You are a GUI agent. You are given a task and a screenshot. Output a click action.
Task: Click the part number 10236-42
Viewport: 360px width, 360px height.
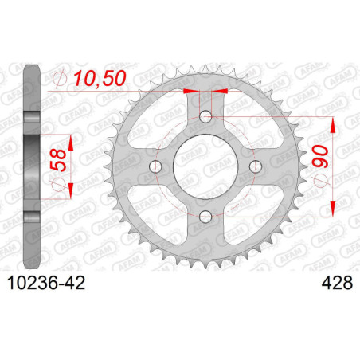click(46, 283)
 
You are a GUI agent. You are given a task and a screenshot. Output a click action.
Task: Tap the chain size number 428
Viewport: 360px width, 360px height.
click(337, 283)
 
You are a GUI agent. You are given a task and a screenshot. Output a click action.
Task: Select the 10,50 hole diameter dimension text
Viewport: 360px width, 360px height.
click(100, 79)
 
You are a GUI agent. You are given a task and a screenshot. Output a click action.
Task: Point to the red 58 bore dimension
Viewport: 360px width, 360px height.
click(58, 160)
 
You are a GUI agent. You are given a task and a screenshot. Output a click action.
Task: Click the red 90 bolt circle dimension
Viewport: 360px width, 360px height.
click(320, 156)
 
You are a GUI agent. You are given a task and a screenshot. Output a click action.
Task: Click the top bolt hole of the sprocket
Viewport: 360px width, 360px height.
click(205, 116)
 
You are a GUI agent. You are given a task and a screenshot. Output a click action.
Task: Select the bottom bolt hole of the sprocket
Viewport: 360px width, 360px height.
click(205, 217)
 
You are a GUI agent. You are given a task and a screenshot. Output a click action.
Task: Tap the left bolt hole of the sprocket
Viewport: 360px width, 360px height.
click(155, 166)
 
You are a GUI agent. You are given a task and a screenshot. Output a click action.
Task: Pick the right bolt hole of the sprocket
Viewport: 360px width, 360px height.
click(256, 166)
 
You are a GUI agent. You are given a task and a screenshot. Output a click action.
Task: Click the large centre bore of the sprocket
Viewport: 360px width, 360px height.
click(205, 166)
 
